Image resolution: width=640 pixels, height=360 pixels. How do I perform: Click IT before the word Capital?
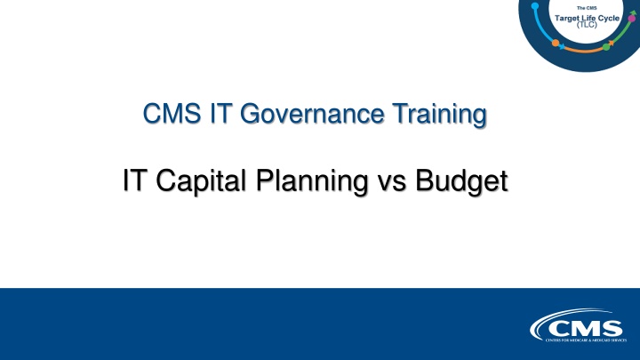(x=135, y=180)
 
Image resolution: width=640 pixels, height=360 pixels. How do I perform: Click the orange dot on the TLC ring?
(x=556, y=43)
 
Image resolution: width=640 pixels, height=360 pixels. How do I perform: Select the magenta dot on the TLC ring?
(x=632, y=18)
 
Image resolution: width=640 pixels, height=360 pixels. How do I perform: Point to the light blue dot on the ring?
(x=534, y=6)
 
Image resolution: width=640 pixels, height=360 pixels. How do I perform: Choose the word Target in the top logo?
(x=568, y=18)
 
